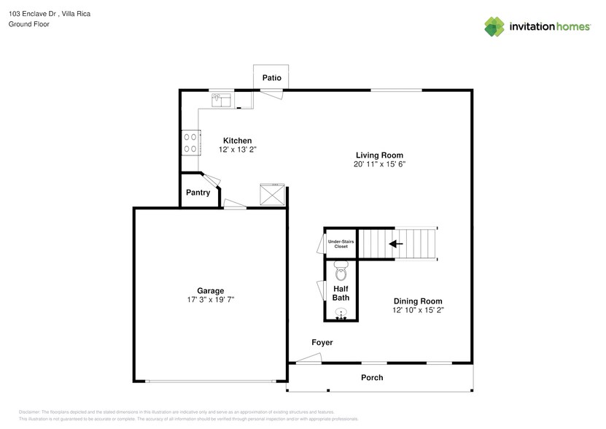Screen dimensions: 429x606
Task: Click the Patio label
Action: pyautogui.click(x=271, y=78)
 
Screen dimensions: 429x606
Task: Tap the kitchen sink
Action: pyautogui.click(x=220, y=98)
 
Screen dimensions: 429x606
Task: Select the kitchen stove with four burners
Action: pyautogui.click(x=192, y=142)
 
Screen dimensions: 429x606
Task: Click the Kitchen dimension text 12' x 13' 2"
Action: pyautogui.click(x=238, y=150)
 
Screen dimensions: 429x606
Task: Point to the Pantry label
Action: pyautogui.click(x=198, y=193)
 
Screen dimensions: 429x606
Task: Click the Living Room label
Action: pyautogui.click(x=379, y=155)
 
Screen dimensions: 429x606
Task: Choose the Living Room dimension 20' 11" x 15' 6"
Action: pyautogui.click(x=379, y=164)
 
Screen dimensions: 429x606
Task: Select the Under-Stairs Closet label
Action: pyautogui.click(x=341, y=244)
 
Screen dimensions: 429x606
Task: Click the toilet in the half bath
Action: pyautogui.click(x=341, y=274)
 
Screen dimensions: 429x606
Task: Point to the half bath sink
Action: pyautogui.click(x=341, y=313)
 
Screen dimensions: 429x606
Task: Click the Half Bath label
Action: pyautogui.click(x=341, y=293)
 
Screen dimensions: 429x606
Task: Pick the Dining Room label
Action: pyautogui.click(x=418, y=301)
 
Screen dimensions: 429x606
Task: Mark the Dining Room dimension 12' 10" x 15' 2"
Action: pyautogui.click(x=418, y=310)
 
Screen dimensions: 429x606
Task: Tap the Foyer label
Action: pyautogui.click(x=322, y=342)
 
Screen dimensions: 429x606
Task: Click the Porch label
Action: pyautogui.click(x=372, y=377)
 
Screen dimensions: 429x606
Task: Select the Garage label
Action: pyautogui.click(x=210, y=290)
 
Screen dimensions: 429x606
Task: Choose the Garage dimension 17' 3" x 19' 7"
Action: pyautogui.click(x=210, y=300)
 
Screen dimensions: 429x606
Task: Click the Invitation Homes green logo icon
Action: pyautogui.click(x=495, y=26)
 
